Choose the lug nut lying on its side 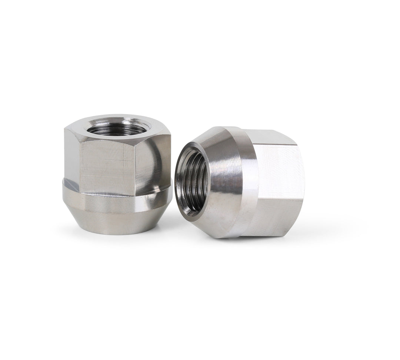tap(241, 181)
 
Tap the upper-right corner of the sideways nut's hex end tap(296, 144)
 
